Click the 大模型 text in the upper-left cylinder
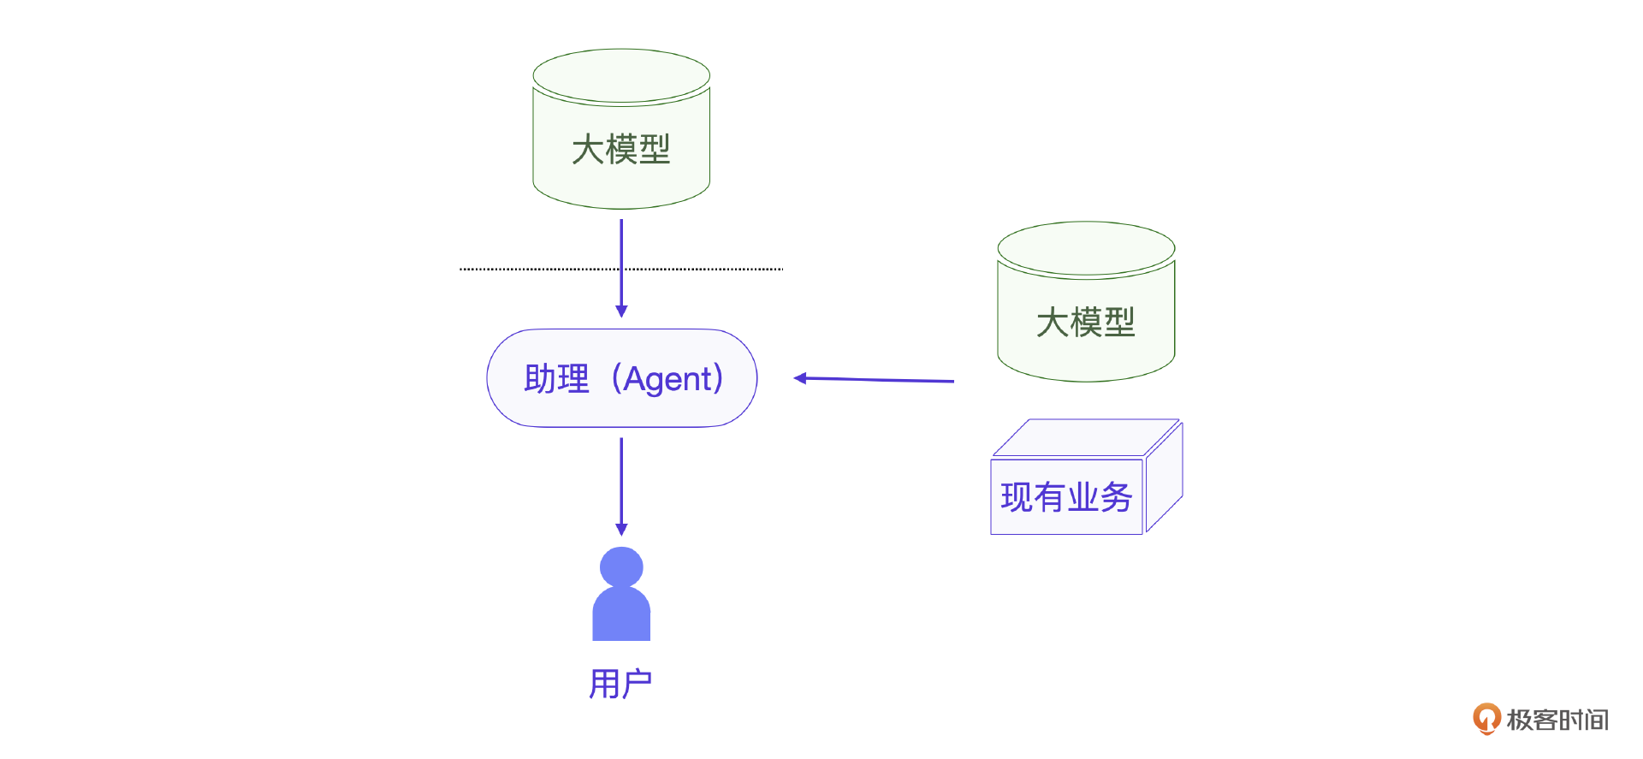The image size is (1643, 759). tap(620, 150)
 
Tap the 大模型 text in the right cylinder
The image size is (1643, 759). tap(1085, 323)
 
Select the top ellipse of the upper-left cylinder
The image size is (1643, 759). tap(621, 75)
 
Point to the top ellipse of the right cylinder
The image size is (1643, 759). tap(1086, 248)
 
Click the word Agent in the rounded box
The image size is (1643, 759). tap(667, 378)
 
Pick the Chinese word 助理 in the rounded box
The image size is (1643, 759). tap(556, 378)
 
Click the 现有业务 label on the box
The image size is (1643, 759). tap(1066, 497)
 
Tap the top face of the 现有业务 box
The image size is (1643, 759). tap(1084, 437)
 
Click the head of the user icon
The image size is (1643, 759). tap(621, 566)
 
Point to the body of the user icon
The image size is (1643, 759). tap(621, 616)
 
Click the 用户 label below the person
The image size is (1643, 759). tap(620, 684)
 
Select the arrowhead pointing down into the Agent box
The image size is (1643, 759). tap(621, 311)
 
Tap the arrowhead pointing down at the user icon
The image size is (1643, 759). tap(621, 530)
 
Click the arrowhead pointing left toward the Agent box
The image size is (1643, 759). tap(800, 377)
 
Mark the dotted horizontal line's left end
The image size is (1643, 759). tap(462, 269)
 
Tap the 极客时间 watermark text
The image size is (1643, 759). tap(1557, 720)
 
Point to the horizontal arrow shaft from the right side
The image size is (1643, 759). tap(881, 379)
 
